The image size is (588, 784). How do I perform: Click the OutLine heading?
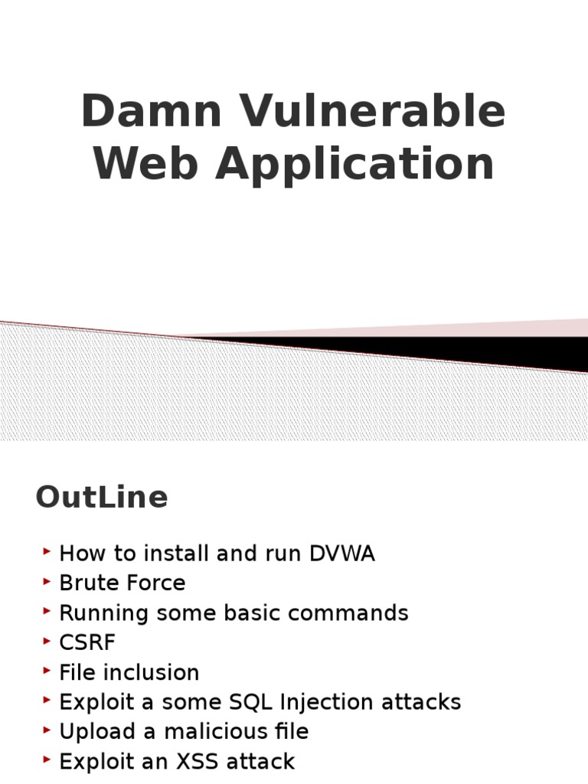point(101,498)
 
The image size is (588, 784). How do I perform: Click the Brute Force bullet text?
point(122,583)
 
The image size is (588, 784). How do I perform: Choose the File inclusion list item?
point(129,673)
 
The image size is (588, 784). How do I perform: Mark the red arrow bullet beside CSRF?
point(47,641)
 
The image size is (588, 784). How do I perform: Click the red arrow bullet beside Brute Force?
point(47,581)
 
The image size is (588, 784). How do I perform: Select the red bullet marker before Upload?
point(47,730)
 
